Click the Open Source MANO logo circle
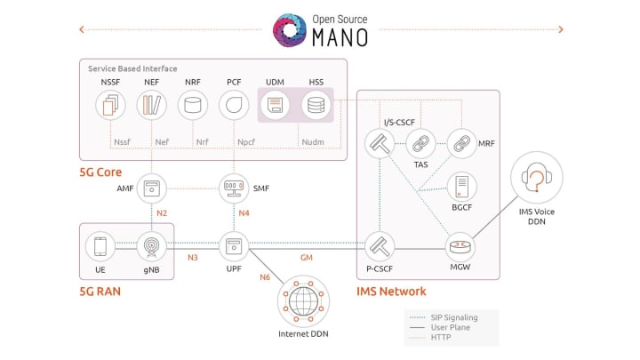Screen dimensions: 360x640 point(292,30)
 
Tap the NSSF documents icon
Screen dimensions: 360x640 point(109,107)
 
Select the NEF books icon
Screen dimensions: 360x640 point(150,107)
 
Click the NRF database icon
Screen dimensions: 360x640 point(192,107)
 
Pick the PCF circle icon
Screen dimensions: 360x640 point(233,107)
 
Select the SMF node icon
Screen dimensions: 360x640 point(233,188)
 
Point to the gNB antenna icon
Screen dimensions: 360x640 point(150,245)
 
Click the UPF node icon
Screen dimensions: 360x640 point(233,245)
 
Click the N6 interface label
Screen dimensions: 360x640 point(265,277)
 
